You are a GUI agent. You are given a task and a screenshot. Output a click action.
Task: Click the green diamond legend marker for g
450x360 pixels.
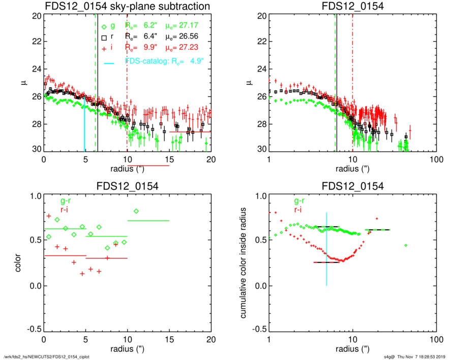[x=104, y=26]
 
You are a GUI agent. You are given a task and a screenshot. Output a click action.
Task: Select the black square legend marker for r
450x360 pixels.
[x=104, y=37]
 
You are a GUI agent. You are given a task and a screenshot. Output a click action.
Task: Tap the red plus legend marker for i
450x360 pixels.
[x=104, y=48]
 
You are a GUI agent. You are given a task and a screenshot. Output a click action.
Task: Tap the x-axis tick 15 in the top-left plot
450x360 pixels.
[x=169, y=159]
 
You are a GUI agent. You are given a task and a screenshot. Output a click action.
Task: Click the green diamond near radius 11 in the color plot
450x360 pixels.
[x=136, y=212]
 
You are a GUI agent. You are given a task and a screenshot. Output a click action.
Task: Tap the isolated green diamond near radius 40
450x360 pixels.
[x=406, y=246]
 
